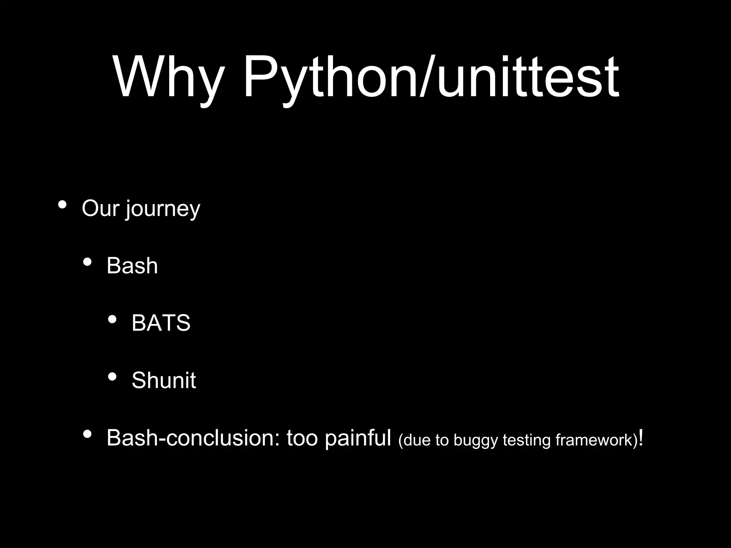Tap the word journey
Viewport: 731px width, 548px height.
[163, 210]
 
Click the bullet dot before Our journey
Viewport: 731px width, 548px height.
[62, 205]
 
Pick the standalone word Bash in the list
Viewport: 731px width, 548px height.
[132, 266]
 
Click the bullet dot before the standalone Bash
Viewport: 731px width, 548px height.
[87, 263]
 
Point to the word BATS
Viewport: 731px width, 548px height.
[161, 323]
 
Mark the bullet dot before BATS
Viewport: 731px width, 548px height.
[112, 320]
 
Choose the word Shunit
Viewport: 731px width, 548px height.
[163, 380]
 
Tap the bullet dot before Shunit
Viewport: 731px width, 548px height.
[112, 377]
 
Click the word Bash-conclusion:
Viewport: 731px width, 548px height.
[193, 438]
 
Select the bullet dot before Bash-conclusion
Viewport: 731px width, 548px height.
[87, 435]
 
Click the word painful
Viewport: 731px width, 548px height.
[358, 438]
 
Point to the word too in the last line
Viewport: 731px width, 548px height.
[302, 438]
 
